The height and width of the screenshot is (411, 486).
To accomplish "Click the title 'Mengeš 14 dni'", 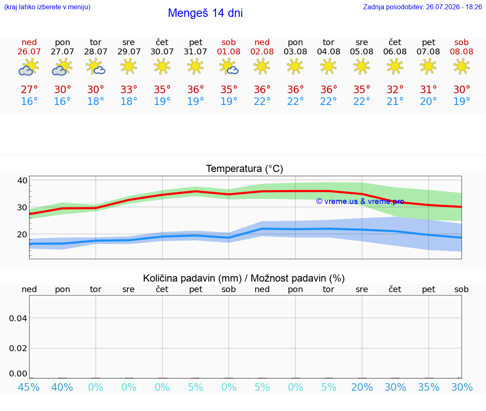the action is point(205,13).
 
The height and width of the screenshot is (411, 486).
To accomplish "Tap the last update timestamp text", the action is point(422,7).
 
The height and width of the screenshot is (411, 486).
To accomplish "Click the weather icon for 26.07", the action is point(29,67).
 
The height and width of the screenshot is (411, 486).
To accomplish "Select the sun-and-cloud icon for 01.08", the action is point(229,67).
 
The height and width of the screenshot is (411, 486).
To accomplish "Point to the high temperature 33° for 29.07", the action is point(129,89).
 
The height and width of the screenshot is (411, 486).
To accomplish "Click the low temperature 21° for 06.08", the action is point(395,101).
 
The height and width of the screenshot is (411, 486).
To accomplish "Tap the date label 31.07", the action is point(195,51).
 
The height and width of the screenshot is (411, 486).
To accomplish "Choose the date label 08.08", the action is point(462,51).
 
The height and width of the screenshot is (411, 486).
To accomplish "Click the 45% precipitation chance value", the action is point(29,387).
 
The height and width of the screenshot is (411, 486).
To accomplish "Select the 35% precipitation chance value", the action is point(429,387).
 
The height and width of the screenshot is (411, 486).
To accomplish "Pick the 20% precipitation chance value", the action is point(362,387).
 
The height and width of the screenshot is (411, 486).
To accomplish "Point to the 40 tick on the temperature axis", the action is point(22,180).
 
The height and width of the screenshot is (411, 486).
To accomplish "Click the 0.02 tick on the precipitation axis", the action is point(18,348).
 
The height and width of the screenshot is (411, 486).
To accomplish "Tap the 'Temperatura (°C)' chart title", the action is point(245,169).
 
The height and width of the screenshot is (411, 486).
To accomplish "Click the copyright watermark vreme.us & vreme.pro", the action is point(360,201).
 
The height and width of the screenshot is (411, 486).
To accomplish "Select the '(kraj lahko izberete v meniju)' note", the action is point(47,7).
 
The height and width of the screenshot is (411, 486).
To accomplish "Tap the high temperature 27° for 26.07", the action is point(29,89).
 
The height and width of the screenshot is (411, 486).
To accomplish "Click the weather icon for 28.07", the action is point(95,67).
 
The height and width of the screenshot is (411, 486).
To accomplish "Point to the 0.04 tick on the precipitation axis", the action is point(18,318).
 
